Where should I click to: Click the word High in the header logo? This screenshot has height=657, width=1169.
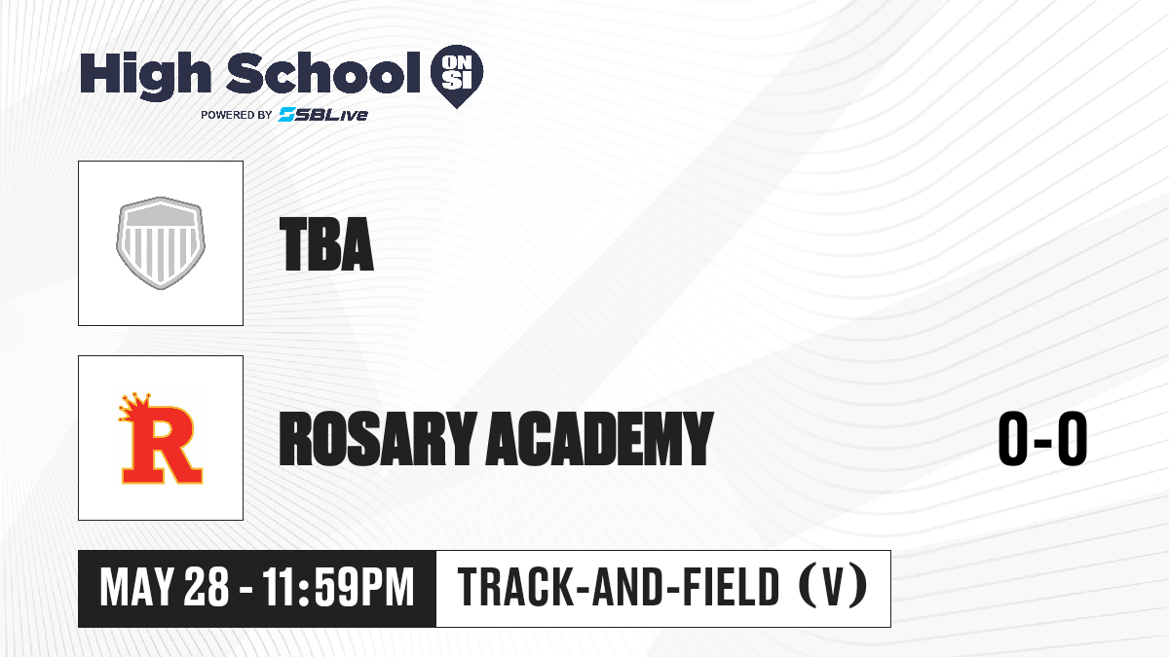pos(145,76)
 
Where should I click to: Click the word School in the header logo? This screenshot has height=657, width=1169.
pos(323,74)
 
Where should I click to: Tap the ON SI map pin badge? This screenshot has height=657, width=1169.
pos(457,76)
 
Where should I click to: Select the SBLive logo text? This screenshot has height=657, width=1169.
pos(323,114)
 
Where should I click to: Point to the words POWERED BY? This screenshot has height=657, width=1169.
pos(237,115)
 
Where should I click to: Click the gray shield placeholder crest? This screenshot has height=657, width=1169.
pos(161,243)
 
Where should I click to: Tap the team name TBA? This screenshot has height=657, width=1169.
pos(326,244)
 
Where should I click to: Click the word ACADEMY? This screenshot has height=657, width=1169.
pos(600,438)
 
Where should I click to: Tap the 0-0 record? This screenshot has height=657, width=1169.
pos(1042,438)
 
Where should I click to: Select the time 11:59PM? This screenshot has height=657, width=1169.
pos(338,588)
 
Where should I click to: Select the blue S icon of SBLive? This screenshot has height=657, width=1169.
pos(287,114)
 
